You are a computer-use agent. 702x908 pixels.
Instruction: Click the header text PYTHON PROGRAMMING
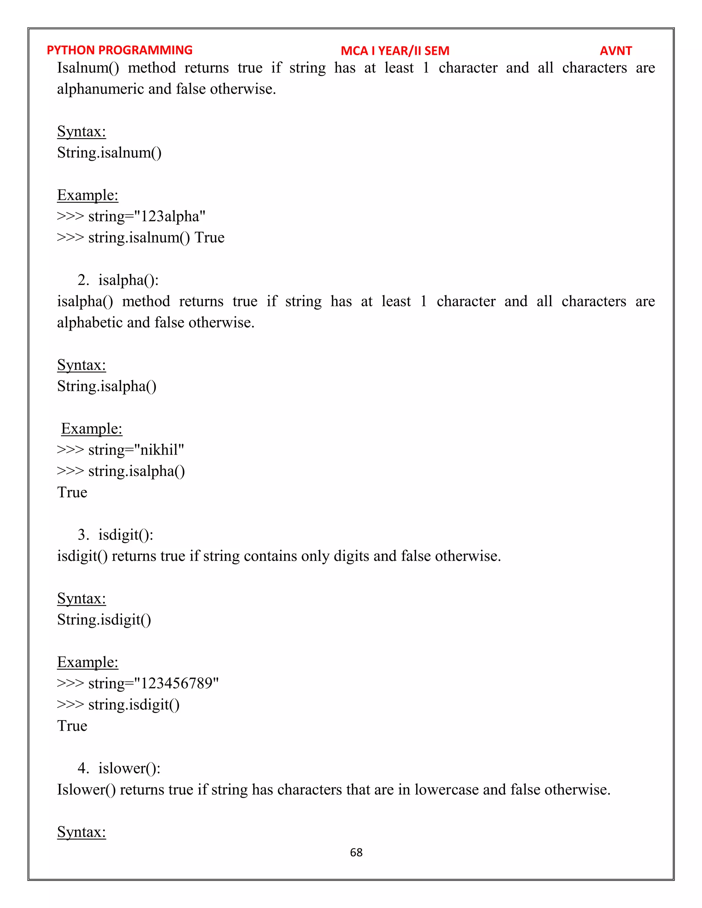119,50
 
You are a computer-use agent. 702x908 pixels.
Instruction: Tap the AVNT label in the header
616,51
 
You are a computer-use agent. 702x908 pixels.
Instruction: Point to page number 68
356,852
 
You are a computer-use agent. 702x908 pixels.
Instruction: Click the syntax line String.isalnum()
109,152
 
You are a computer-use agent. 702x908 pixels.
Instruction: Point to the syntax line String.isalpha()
107,386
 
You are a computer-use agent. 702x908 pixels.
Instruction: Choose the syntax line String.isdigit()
104,620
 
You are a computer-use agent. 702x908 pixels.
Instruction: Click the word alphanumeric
100,89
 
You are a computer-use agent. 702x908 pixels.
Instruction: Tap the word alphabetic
89,323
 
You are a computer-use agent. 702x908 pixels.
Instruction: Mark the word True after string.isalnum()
209,238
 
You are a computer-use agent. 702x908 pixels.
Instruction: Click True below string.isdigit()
72,726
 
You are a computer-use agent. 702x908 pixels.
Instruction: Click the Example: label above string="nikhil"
92,429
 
